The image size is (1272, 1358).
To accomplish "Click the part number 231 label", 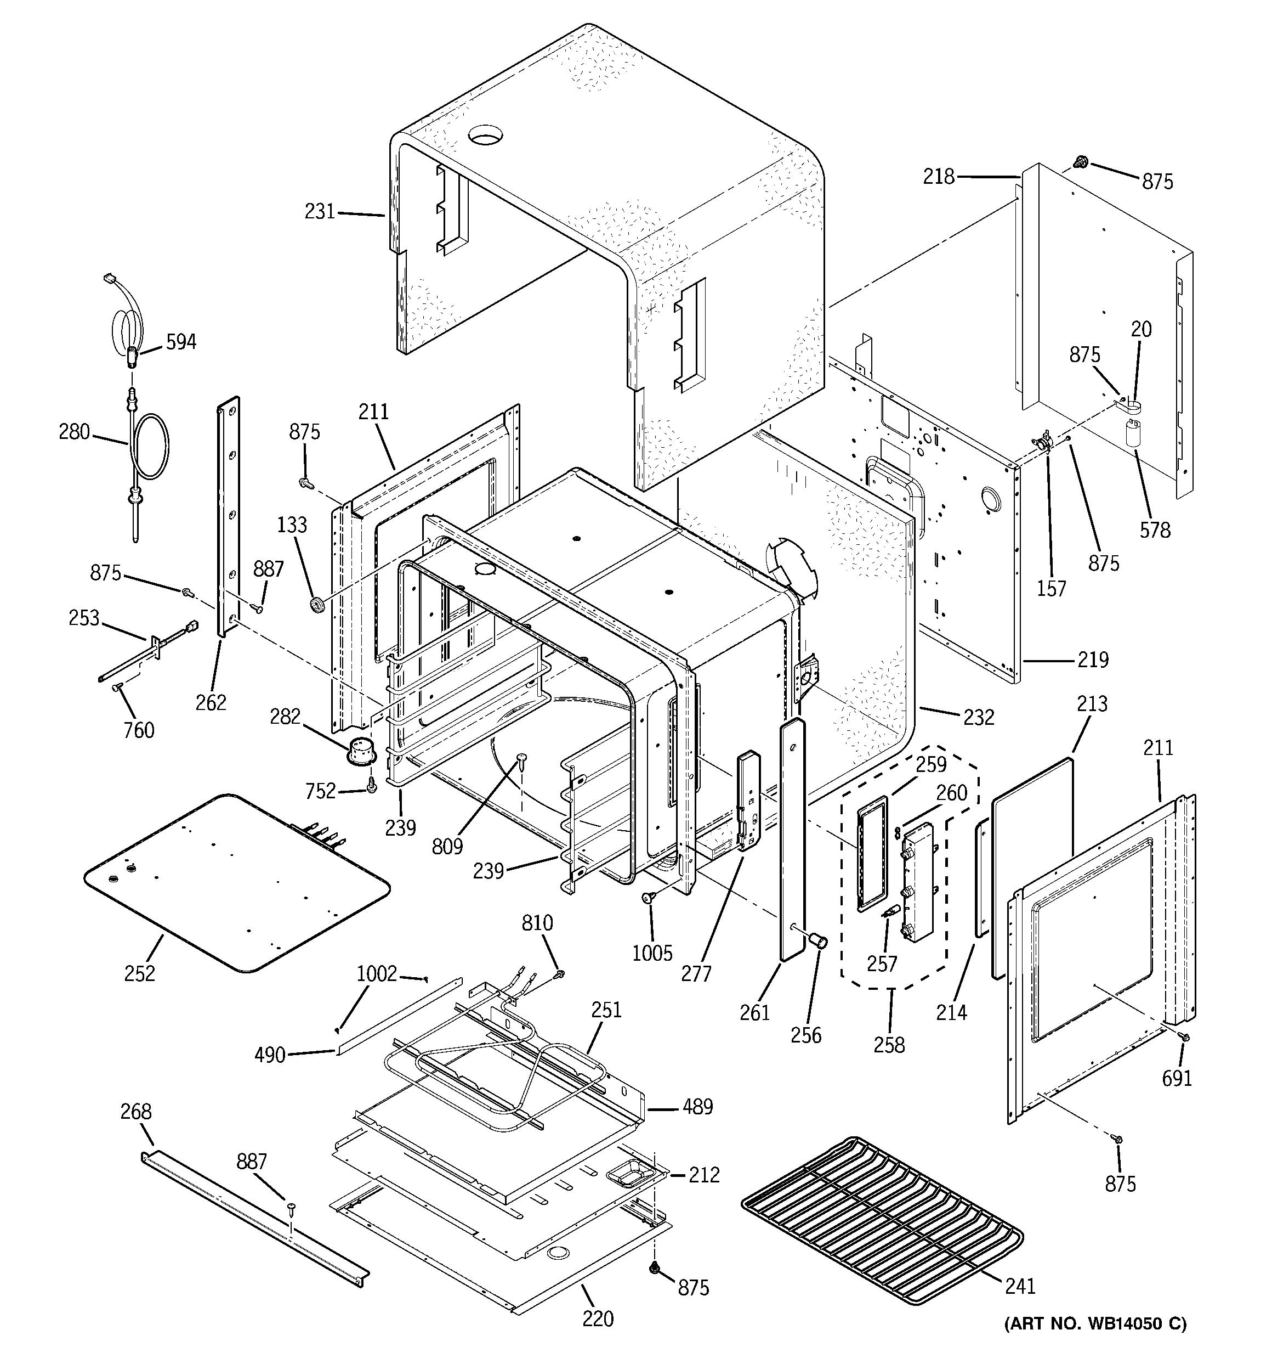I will [320, 212].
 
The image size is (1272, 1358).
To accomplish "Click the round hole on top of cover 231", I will [485, 134].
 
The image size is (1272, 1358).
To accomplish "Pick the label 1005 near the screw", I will [652, 953].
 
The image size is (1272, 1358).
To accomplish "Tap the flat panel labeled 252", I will [236, 882].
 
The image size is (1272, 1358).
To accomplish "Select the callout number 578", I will [1155, 529].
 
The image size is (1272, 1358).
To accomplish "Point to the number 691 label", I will [1177, 1078].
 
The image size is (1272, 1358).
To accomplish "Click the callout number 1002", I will [376, 973].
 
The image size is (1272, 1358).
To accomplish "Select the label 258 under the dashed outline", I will [888, 1045].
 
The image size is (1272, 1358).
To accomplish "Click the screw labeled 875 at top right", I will [1081, 162].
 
